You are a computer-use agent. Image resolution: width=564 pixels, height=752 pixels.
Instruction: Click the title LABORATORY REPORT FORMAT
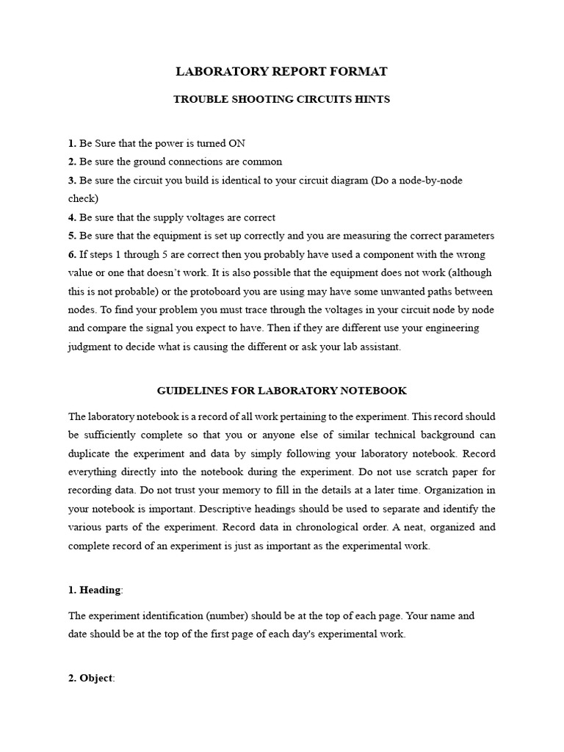[281, 71]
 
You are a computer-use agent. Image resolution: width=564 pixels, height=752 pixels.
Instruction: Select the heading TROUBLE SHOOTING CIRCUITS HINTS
[281, 99]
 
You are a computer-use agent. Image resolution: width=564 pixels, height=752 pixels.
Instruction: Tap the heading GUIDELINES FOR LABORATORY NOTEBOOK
[281, 391]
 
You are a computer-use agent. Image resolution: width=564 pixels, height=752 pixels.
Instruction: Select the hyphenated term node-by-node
[432, 180]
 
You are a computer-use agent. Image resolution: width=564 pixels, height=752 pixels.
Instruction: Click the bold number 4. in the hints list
[72, 217]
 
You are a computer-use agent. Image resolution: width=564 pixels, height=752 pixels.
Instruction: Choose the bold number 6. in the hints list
[72, 254]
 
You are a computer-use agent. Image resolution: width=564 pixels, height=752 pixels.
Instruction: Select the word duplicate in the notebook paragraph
[93, 454]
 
